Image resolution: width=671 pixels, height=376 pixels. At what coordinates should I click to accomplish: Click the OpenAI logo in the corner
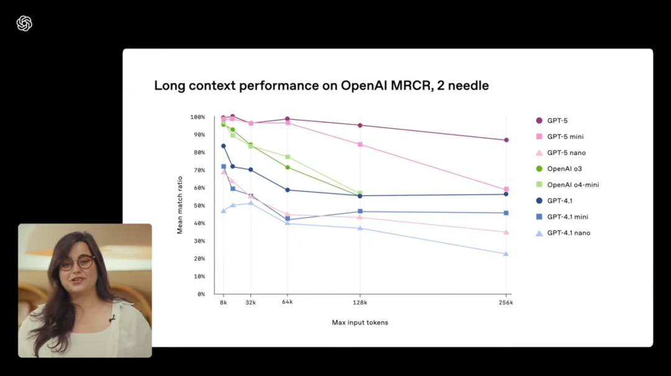tap(24, 24)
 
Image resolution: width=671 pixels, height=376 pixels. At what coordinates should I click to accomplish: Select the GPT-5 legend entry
tap(557, 121)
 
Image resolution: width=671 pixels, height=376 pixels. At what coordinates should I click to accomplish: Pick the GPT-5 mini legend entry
tap(564, 137)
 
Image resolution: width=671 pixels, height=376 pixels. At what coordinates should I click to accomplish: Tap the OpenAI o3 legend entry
tap(564, 169)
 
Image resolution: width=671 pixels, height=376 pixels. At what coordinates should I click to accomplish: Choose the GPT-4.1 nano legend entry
tap(568, 233)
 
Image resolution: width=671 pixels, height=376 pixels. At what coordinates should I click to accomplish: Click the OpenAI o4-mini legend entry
tap(572, 185)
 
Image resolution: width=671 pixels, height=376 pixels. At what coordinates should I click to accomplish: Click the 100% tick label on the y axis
tap(197, 117)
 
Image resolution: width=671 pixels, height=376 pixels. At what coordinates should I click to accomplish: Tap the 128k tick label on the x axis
tap(360, 303)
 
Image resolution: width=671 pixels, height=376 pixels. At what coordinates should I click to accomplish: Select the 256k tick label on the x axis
tap(506, 303)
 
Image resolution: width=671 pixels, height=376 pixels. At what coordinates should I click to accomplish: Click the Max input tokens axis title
tap(360, 323)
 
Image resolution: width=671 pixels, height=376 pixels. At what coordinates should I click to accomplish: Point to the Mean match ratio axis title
tap(180, 204)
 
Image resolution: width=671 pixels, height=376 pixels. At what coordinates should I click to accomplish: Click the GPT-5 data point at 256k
tap(506, 140)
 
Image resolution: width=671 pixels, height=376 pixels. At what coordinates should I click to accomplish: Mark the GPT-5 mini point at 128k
tap(360, 145)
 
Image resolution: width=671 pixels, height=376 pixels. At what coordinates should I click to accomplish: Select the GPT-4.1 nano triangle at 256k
tap(506, 254)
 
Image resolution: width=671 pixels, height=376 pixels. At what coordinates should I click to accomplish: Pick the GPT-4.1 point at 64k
tap(287, 190)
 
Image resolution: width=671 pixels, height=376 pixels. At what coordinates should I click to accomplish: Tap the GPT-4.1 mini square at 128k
tap(360, 212)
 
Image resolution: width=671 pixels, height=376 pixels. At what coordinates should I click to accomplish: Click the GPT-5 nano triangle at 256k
tap(506, 232)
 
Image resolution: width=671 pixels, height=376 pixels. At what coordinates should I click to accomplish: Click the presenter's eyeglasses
tap(78, 263)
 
